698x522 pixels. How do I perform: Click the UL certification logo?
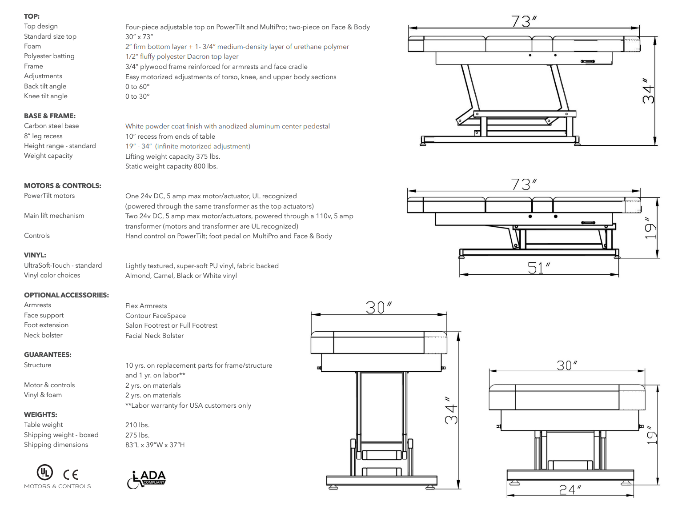[44, 472]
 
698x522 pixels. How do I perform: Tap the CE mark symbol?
[71, 475]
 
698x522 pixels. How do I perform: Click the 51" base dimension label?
[538, 268]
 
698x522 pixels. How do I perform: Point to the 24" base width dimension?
[570, 490]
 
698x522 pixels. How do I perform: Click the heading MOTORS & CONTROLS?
[62, 186]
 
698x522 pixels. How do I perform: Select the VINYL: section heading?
[35, 255]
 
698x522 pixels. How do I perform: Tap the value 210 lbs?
[137, 425]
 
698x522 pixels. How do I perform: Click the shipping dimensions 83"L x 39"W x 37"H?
[155, 445]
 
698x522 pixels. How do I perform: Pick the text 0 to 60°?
[137, 87]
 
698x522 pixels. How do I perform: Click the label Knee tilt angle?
[46, 96]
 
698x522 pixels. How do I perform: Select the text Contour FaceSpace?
[156, 316]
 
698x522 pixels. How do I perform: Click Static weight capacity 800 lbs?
[171, 166]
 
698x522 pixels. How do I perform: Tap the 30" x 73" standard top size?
[139, 37]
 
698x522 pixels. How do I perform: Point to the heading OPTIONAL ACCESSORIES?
[66, 295]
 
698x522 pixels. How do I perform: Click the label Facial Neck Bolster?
[154, 336]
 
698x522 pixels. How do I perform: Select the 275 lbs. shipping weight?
[137, 435]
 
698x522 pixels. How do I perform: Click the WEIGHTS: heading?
[40, 415]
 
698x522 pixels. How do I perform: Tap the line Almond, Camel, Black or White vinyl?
[181, 276]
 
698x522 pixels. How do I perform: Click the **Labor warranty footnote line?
[188, 406]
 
